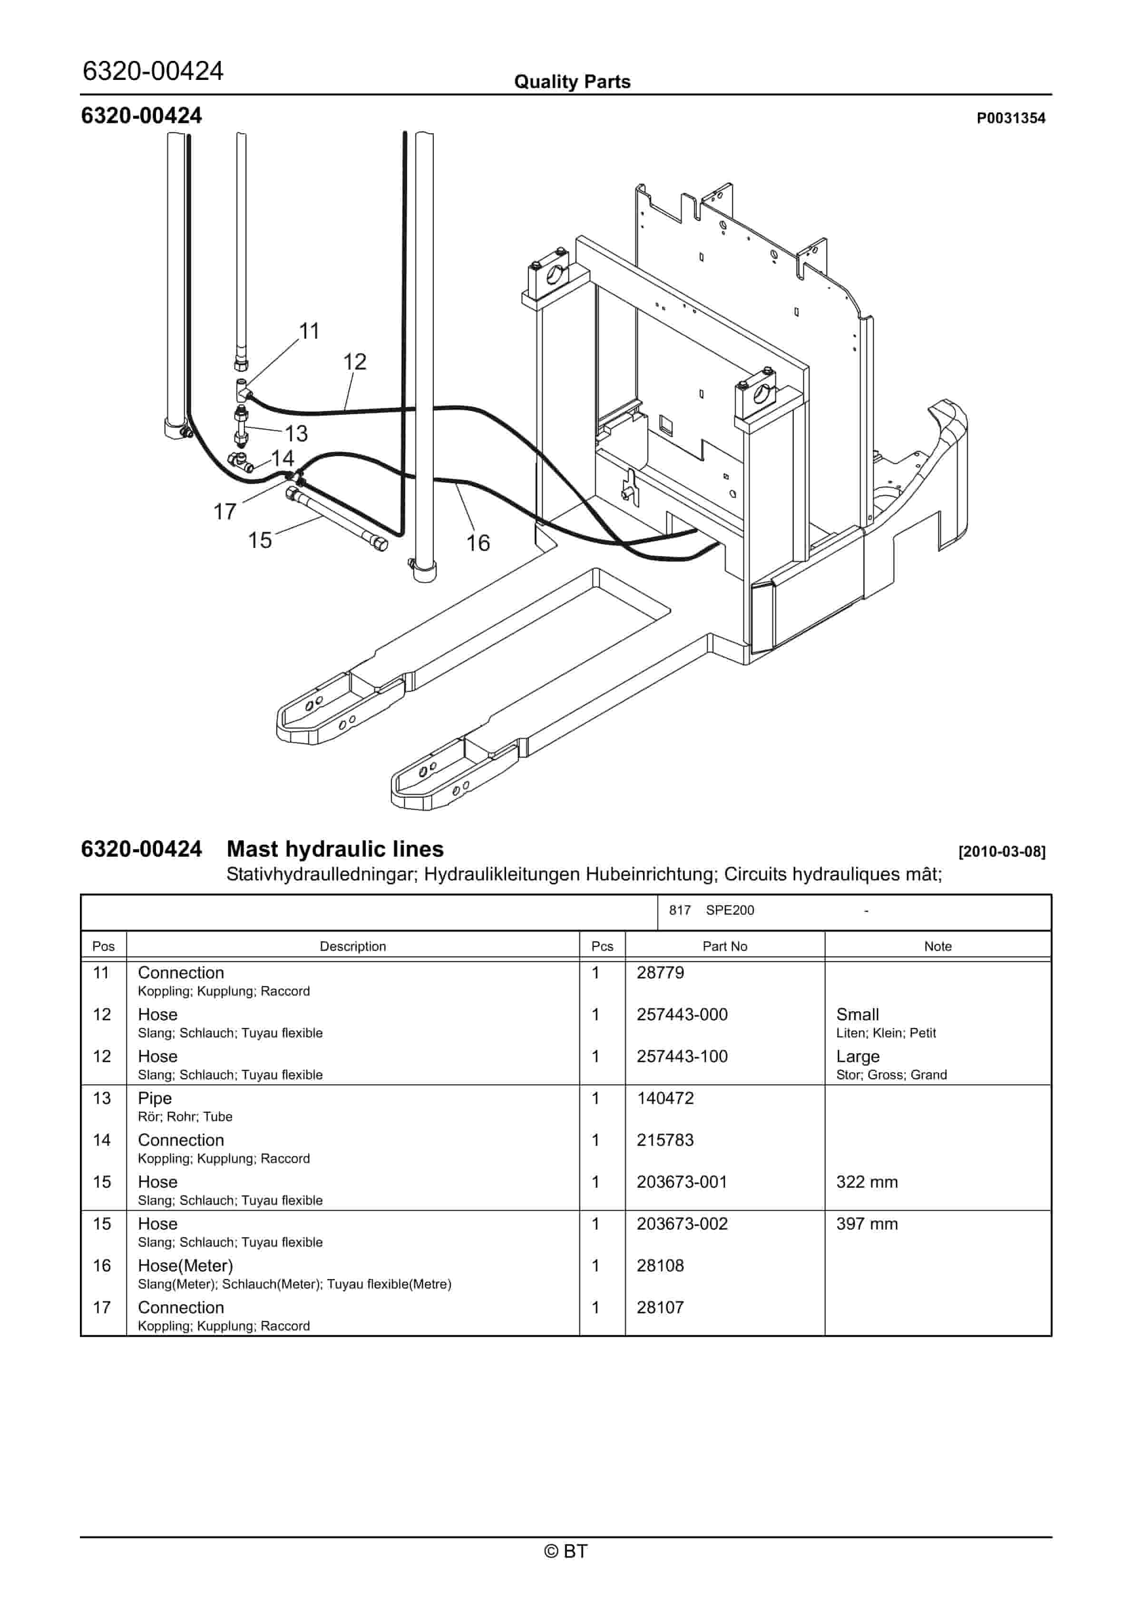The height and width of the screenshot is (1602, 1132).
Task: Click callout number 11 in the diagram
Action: click(309, 331)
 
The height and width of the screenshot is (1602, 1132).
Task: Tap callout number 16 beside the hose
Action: click(478, 543)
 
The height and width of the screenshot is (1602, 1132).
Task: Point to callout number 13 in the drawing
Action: click(296, 434)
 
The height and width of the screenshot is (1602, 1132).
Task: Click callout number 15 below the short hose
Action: click(260, 540)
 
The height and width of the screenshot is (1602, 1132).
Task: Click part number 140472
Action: click(664, 1098)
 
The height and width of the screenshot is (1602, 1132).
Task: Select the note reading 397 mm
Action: click(866, 1224)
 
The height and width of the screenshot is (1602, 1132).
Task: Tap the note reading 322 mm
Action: click(866, 1182)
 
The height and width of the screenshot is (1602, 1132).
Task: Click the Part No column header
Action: click(724, 946)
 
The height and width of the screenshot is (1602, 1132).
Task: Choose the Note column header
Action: click(937, 946)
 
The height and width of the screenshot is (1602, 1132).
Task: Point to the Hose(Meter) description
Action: click(185, 1266)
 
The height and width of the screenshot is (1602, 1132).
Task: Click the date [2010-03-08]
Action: click(1002, 851)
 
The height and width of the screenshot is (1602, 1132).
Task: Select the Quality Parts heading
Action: click(572, 82)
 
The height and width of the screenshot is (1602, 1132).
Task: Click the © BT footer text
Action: click(566, 1551)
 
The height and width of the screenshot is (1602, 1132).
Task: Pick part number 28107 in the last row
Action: click(660, 1308)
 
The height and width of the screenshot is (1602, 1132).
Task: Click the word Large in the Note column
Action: click(857, 1056)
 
